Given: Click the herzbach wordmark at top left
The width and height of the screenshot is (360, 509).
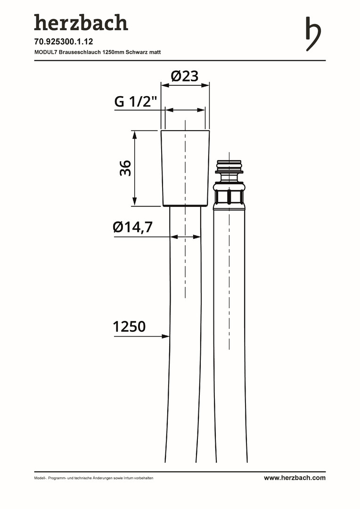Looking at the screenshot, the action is [x=81, y=23].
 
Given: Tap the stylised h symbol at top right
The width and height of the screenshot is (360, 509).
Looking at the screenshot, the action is [x=313, y=34].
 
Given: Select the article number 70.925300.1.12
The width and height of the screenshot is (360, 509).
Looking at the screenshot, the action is [x=64, y=41].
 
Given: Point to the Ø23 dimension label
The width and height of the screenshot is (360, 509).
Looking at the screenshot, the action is [x=185, y=76].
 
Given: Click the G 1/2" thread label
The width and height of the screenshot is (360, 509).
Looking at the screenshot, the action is [x=136, y=102].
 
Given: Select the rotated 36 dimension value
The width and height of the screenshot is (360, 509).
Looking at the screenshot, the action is [x=125, y=168].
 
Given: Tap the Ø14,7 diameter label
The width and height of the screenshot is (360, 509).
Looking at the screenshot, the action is [x=132, y=227].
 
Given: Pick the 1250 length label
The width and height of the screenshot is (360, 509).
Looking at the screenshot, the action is [x=129, y=327].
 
